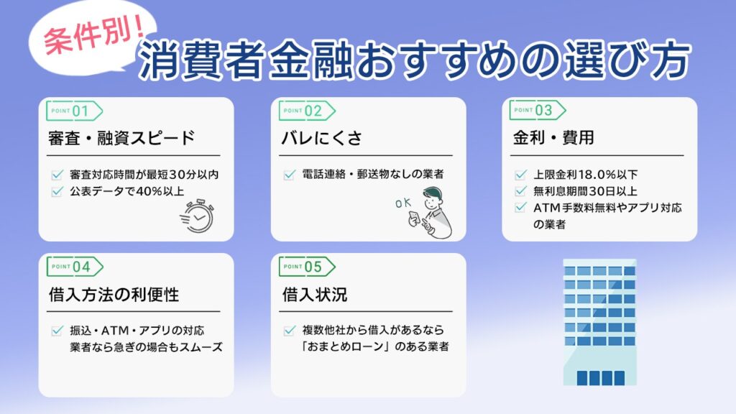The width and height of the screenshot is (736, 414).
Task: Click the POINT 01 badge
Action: (x=74, y=111)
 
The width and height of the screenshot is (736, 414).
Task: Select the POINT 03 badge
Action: (x=537, y=111)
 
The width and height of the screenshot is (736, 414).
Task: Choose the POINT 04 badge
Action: (x=74, y=267)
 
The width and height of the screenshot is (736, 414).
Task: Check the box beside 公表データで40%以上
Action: (x=57, y=191)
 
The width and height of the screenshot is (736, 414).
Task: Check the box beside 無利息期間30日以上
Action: (x=521, y=191)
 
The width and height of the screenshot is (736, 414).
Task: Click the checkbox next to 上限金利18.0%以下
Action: (x=521, y=175)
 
